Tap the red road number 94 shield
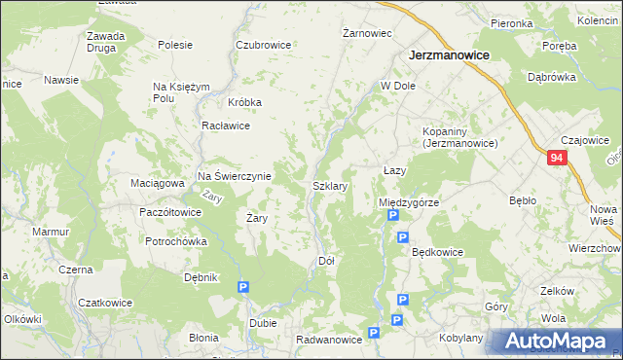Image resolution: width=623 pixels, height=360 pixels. coord(556,158)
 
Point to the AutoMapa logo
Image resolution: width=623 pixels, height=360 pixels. coord(554,342)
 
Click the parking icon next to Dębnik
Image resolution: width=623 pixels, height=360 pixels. coord(242,287)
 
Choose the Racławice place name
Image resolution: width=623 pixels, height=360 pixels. coord(226,126)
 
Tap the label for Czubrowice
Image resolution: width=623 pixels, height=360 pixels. coord(264,45)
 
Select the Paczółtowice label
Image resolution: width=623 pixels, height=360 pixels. coord(170,212)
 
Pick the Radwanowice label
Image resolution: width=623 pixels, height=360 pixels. coord(330,340)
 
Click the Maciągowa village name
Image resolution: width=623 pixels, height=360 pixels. coord(157,182)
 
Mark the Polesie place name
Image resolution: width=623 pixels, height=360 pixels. coord(175,45)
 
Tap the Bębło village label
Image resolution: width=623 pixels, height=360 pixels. coord(523,200)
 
